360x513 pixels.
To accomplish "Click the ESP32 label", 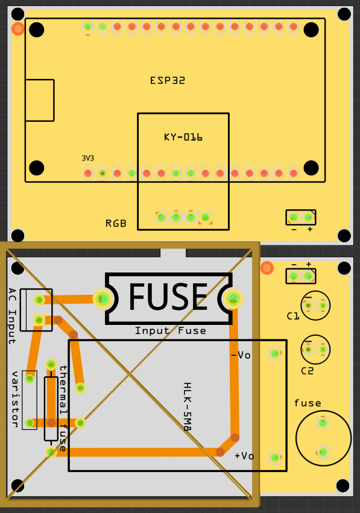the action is [x=168, y=81].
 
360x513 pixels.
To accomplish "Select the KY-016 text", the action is [x=183, y=137].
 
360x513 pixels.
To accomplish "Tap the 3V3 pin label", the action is [x=87, y=159].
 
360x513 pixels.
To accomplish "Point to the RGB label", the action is [x=116, y=224].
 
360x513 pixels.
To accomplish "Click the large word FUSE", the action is [x=168, y=297].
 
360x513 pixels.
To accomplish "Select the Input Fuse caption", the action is [x=171, y=331].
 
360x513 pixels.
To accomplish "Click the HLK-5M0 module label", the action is [x=187, y=407].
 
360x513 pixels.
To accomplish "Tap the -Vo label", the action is [x=241, y=355].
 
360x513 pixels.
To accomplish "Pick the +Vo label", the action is [x=244, y=456].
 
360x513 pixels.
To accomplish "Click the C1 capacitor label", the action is [x=293, y=316].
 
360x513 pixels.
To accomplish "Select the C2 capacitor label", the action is [x=308, y=371].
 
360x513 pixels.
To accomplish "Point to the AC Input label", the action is [x=12, y=316].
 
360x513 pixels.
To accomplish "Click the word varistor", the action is [x=14, y=399].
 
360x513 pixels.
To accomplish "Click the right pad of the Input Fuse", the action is [x=233, y=299].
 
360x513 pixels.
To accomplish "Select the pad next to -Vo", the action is [x=275, y=353].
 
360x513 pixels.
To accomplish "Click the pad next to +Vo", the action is [x=275, y=458].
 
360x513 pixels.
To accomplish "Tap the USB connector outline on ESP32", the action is [x=40, y=100].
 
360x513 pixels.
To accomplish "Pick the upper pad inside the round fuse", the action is [x=323, y=423].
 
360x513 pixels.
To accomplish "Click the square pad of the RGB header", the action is [x=206, y=217].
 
